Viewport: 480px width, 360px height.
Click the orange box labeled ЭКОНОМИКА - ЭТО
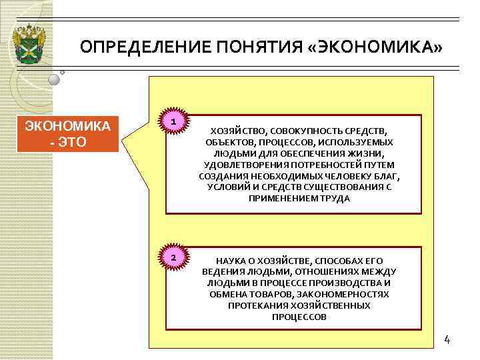click(68, 134)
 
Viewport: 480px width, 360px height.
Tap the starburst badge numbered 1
click(173, 122)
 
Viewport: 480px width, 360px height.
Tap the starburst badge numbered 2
click(173, 258)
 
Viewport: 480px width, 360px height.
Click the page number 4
click(447, 340)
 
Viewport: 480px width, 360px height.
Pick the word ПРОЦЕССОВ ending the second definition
click(299, 317)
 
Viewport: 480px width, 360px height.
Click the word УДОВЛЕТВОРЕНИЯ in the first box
click(243, 165)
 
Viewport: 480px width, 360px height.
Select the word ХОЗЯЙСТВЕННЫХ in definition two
click(332, 305)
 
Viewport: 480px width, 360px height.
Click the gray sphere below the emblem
click(54, 79)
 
